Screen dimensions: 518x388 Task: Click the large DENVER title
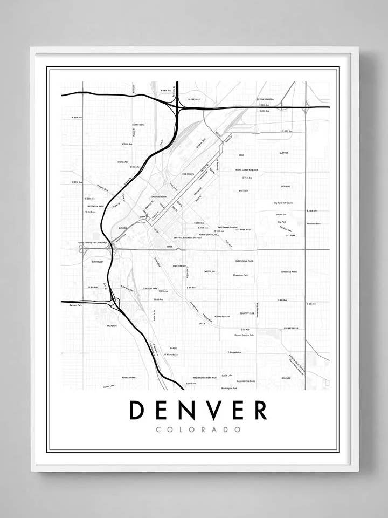pos(197,411)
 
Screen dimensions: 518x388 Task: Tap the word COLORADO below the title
pos(198,430)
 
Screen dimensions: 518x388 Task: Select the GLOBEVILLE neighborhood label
pos(194,100)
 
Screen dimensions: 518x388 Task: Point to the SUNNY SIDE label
pos(138,125)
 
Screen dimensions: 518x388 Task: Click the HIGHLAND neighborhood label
pos(123,162)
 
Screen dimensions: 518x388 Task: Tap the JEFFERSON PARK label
pos(95,206)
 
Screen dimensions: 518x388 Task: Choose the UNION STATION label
pos(160,197)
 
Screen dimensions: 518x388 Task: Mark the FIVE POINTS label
pos(188,174)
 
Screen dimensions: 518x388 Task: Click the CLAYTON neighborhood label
pos(284,153)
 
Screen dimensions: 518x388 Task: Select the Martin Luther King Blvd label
pos(247,170)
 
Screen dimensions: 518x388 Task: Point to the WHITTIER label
pos(243,190)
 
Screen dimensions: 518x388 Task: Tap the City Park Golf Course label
pos(283,203)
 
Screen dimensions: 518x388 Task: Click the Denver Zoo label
pos(281,214)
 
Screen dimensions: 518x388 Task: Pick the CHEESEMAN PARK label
pos(244,261)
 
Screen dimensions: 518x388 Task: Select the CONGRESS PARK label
pos(289,272)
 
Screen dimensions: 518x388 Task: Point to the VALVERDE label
pos(112,326)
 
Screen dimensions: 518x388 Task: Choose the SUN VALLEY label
pos(97,261)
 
